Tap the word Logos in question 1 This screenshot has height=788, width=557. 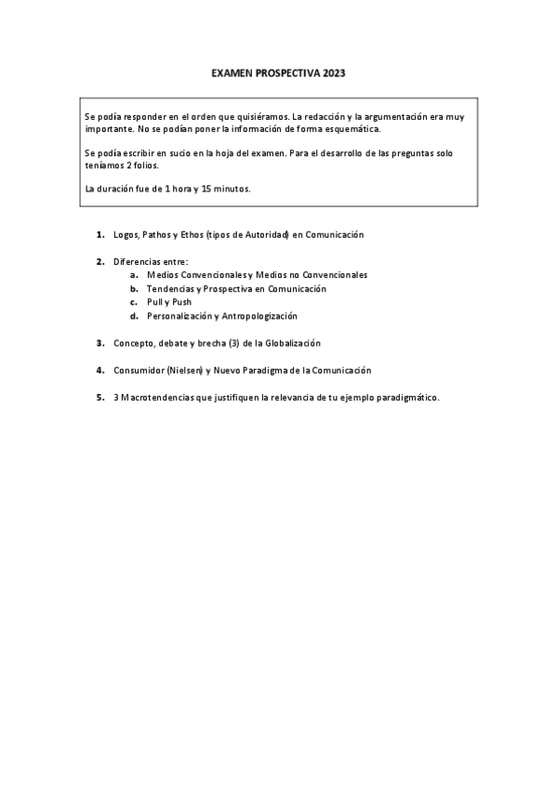(x=125, y=235)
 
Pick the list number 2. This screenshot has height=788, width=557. (x=99, y=262)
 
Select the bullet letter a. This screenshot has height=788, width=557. (x=134, y=275)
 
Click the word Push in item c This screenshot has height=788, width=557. (x=181, y=302)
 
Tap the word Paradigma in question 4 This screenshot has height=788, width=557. (x=277, y=370)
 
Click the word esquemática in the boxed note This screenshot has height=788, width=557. (x=351, y=129)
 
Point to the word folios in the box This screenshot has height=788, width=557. (x=144, y=164)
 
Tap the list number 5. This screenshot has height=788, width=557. (x=99, y=397)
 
